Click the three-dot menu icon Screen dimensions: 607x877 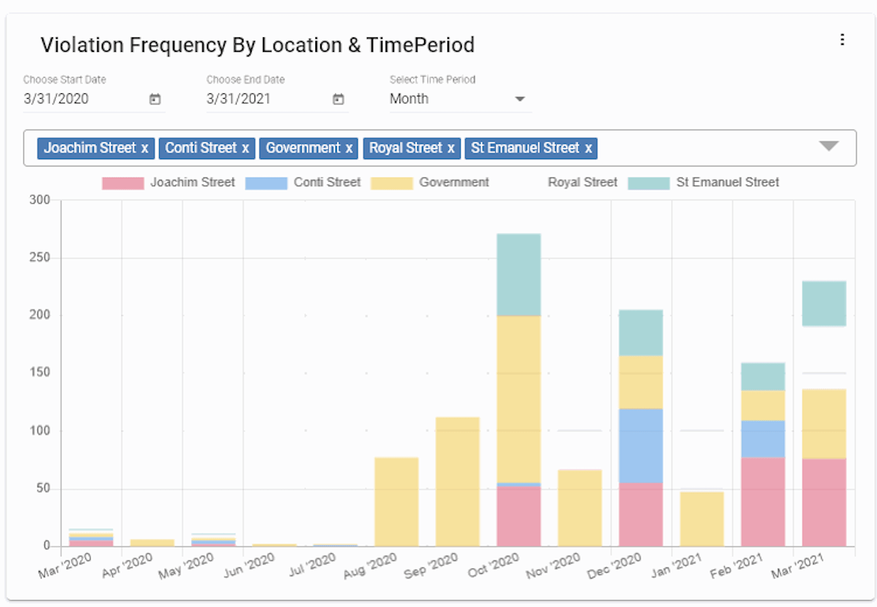click(842, 39)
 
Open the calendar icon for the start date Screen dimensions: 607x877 click(155, 100)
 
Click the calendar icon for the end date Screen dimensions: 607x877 click(338, 100)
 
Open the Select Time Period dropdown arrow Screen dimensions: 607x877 click(520, 99)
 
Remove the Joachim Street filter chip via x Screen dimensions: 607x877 click(145, 148)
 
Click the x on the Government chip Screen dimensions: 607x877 click(349, 148)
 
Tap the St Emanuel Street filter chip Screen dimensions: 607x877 click(525, 148)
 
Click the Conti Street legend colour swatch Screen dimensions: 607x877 click(266, 183)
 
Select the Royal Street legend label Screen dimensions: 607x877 click(582, 183)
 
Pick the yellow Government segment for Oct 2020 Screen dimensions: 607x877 click(519, 399)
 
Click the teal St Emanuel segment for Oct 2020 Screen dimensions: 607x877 click(519, 274)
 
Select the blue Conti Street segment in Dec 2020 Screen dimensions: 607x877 click(640, 445)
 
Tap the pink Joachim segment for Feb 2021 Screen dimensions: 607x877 click(763, 501)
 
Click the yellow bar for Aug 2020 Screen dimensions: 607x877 click(396, 501)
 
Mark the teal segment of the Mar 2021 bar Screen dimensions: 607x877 click(824, 303)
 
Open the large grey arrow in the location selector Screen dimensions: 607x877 click(829, 146)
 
